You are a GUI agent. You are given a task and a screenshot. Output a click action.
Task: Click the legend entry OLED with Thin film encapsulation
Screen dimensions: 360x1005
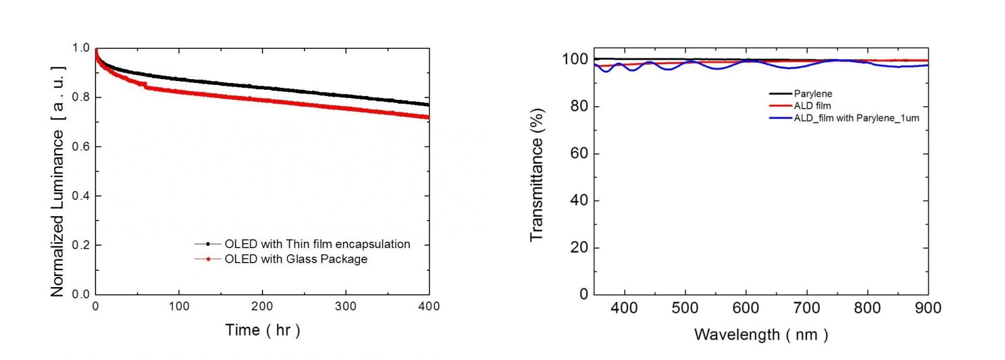(317, 244)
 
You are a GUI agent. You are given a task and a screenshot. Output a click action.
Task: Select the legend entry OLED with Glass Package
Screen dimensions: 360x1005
(296, 259)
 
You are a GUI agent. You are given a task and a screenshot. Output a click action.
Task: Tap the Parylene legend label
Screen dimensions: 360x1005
(813, 94)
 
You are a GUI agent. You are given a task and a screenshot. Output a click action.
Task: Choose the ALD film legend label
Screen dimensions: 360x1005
(812, 106)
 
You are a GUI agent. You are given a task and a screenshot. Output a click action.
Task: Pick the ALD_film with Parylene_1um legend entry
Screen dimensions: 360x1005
(856, 118)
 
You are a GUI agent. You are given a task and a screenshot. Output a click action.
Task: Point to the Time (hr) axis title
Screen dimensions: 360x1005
(263, 330)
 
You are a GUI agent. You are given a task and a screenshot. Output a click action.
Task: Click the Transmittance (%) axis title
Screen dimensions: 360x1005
(536, 175)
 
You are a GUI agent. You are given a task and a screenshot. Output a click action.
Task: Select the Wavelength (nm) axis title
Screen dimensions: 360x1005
(761, 335)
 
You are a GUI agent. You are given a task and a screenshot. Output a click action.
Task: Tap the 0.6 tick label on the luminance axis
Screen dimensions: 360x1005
(81, 146)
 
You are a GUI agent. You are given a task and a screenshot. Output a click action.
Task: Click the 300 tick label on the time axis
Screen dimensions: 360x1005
(345, 307)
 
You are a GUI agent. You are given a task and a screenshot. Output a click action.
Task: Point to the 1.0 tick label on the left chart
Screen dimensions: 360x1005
(81, 48)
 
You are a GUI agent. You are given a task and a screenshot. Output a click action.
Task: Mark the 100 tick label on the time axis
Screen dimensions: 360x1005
(179, 307)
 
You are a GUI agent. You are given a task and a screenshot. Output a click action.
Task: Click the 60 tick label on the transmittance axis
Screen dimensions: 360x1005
(579, 153)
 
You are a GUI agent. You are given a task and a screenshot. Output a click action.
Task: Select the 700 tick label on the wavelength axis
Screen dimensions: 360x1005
(807, 308)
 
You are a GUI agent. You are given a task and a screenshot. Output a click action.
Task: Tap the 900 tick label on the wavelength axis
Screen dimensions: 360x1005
(928, 308)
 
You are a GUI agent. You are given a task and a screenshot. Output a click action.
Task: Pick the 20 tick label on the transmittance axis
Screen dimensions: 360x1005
(579, 248)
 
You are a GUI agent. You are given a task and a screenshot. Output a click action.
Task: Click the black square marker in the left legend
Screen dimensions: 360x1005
(208, 244)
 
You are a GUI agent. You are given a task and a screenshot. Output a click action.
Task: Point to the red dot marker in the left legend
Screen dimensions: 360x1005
(208, 259)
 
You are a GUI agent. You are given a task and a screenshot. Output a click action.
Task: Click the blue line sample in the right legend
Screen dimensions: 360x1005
(780, 118)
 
